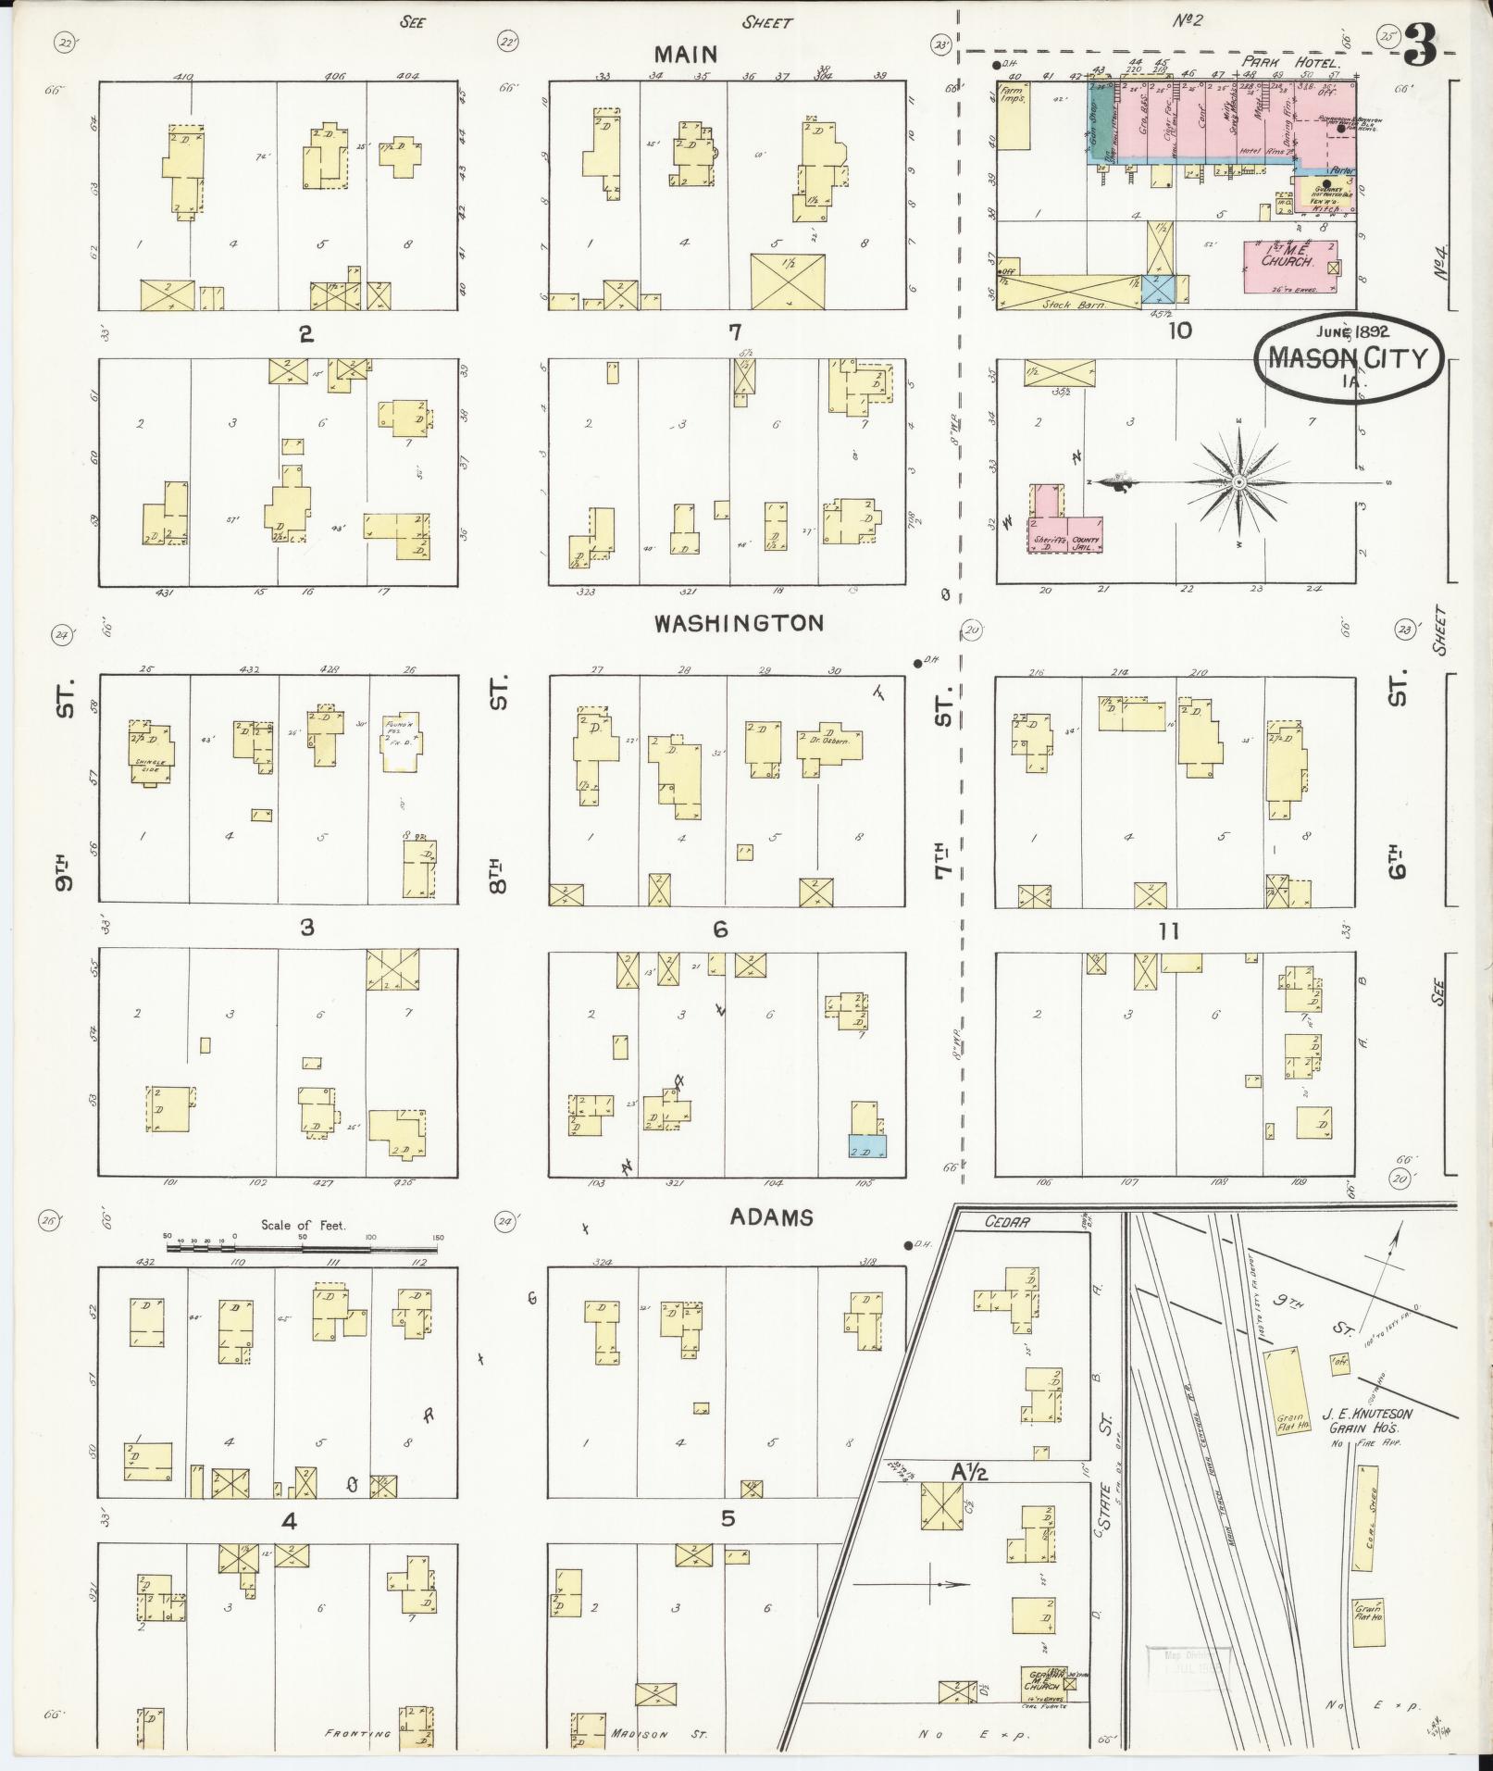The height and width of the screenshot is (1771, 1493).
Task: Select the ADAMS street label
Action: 771,1217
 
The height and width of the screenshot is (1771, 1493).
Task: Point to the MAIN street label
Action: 683,55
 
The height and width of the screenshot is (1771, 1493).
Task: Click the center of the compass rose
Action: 1238,482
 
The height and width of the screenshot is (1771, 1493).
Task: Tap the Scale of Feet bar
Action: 302,1248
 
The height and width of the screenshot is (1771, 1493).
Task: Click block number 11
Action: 1168,930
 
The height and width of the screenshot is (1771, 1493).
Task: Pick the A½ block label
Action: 970,1471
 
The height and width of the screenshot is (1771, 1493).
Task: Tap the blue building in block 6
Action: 867,1145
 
